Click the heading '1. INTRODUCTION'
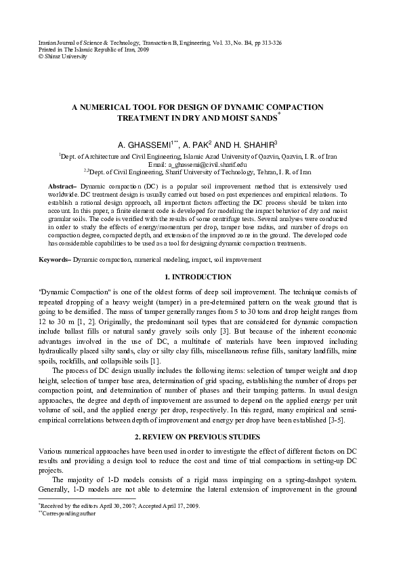201,277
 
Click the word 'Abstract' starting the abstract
62,186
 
